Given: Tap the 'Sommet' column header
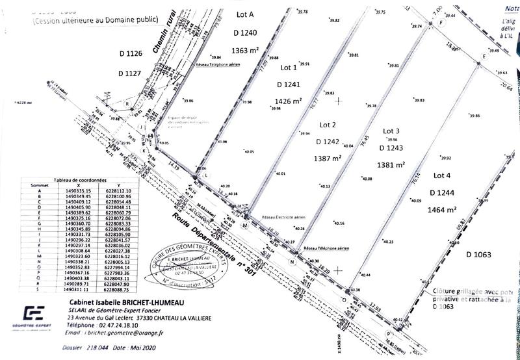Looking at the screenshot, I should pyautogui.click(x=31, y=185).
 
